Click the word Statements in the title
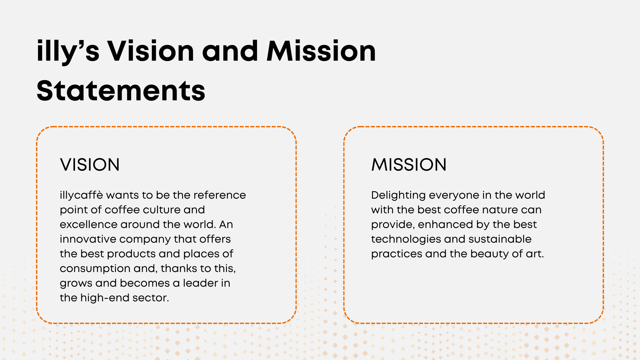[x=121, y=91]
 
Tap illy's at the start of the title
[x=68, y=52]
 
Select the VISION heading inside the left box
[x=90, y=165]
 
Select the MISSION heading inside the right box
[x=409, y=165]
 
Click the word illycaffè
[x=81, y=195]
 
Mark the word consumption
[x=95, y=269]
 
